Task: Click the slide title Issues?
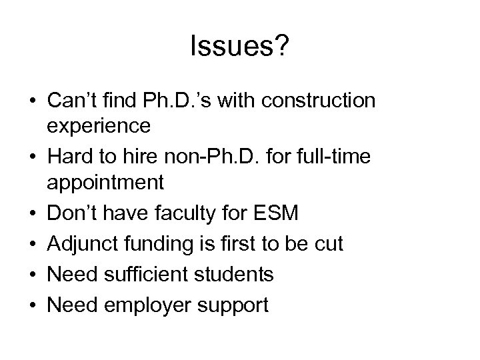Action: tap(239, 47)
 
